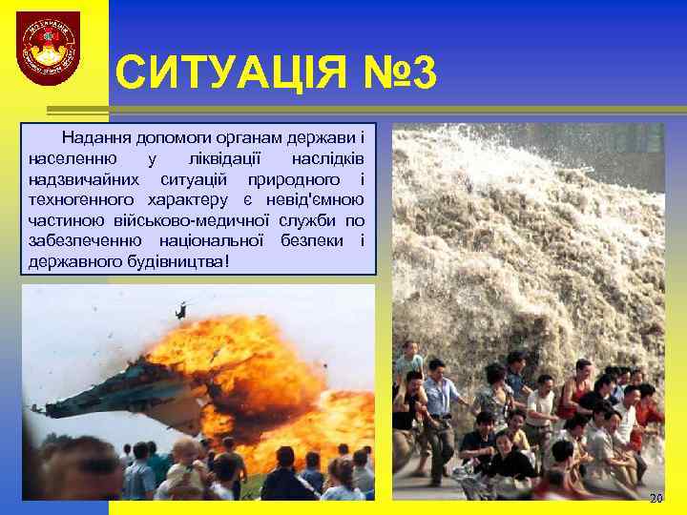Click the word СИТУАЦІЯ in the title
tap(225, 74)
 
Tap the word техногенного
tap(84, 199)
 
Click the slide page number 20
tap(655, 499)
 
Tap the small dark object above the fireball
tap(180, 310)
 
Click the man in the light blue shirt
tap(440, 401)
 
